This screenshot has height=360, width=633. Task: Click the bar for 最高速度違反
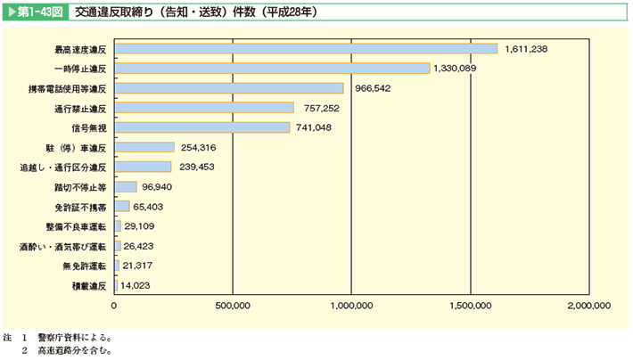(306, 48)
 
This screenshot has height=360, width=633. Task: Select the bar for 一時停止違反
(272, 68)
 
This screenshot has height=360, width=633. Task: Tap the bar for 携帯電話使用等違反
(229, 88)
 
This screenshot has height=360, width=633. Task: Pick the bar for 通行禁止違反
(204, 108)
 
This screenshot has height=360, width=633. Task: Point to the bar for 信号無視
(202, 127)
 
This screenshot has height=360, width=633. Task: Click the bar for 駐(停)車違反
(144, 147)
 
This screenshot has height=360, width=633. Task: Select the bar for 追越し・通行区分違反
(143, 167)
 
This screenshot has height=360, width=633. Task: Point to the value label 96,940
(165, 187)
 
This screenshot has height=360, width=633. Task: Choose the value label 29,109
(144, 226)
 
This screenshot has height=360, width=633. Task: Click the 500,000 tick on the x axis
(233, 306)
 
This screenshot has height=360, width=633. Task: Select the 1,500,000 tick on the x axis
(469, 306)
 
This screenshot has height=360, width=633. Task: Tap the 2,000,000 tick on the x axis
(588, 306)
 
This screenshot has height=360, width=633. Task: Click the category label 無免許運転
(85, 266)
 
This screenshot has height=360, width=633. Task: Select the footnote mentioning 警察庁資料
(71, 338)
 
